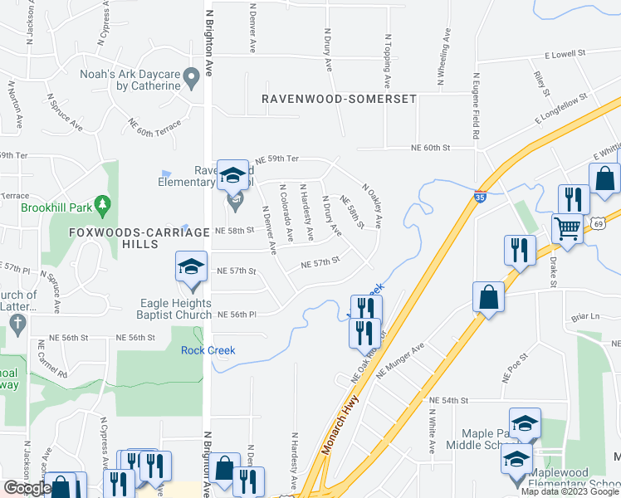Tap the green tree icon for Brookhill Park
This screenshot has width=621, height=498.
coord(102,203)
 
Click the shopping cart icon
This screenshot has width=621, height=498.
coord(568,228)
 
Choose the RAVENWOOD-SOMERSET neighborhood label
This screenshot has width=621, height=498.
coord(338,99)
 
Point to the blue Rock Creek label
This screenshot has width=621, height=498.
coord(208,350)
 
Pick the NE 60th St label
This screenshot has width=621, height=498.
coord(430,148)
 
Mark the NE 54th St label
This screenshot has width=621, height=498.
coord(450,401)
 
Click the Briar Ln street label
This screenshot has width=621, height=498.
coord(584,316)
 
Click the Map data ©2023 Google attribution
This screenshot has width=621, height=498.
coord(570,491)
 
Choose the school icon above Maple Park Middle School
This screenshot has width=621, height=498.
coord(524,423)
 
